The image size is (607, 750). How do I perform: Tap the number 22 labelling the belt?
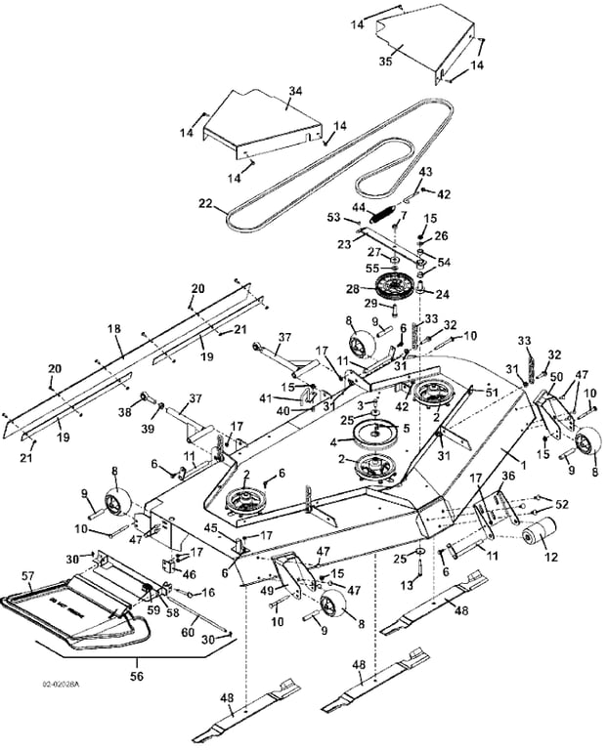pyautogui.click(x=205, y=203)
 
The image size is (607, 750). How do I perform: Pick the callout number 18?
pyautogui.click(x=113, y=330)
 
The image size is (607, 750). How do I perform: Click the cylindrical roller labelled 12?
pyautogui.click(x=537, y=535)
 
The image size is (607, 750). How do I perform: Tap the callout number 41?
pyautogui.click(x=291, y=397)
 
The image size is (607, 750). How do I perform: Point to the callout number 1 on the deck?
pyautogui.click(x=522, y=468)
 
